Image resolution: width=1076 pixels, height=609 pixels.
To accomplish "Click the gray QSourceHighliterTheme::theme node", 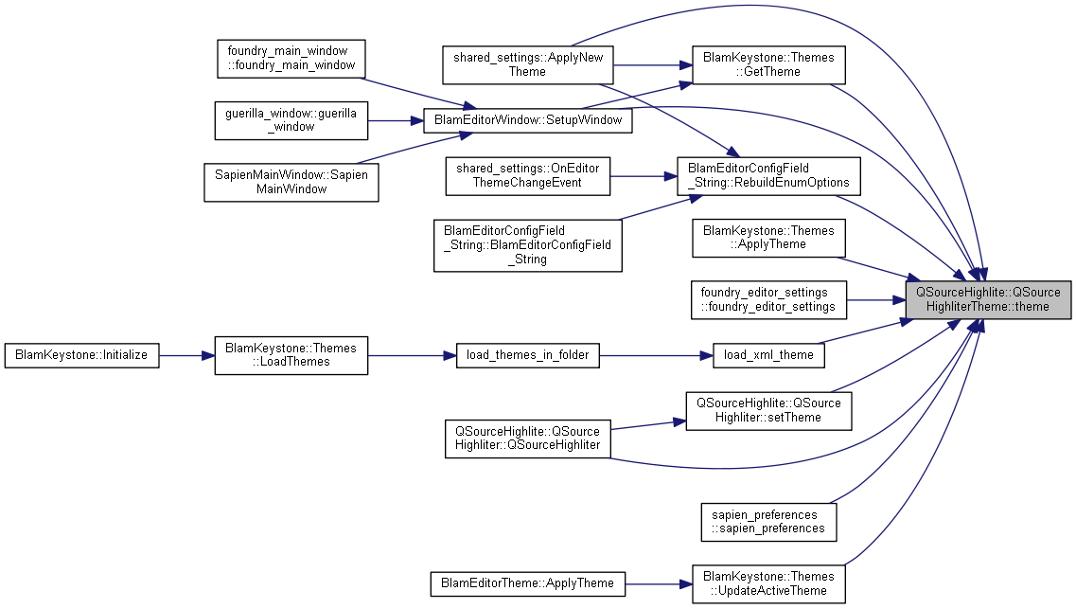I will (988, 299).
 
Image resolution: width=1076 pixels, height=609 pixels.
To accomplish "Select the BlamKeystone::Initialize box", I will (81, 355).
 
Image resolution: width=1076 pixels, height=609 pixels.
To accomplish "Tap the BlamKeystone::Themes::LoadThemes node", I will (291, 355).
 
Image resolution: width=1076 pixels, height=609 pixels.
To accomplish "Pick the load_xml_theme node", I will (767, 355).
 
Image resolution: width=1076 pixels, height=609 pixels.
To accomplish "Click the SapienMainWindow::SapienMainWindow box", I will (291, 182).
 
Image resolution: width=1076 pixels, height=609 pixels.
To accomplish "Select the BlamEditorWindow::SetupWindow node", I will (527, 120).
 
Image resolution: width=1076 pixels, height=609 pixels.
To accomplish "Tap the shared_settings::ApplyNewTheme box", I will (527, 64).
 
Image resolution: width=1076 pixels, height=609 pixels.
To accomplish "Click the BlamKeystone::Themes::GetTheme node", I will (767, 64).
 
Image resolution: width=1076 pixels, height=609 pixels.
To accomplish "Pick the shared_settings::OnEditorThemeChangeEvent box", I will (528, 175).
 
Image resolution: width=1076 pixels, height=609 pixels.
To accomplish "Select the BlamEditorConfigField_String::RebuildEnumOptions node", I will (768, 175).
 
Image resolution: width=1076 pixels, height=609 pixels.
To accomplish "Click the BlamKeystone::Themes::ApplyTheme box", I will (767, 238).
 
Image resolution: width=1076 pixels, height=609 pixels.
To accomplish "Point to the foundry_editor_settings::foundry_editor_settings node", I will (767, 299).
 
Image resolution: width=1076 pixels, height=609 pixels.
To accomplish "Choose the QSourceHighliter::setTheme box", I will (764, 410).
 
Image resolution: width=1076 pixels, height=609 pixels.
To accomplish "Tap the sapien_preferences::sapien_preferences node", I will (768, 521).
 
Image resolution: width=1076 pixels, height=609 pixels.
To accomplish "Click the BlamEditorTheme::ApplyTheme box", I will (527, 583).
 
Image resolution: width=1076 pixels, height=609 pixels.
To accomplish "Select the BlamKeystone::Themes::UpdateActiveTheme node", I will (767, 583).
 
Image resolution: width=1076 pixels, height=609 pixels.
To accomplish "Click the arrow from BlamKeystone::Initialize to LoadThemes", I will (186, 355).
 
